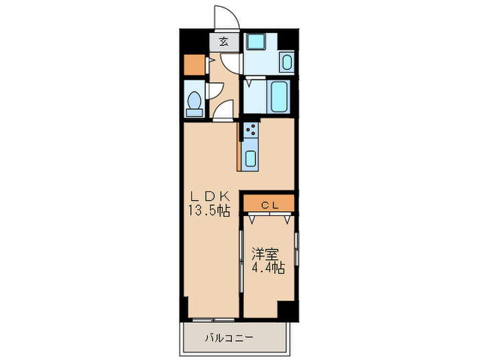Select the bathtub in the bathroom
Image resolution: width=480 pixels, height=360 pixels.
tap(280, 97)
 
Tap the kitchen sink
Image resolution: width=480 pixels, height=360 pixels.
tap(250, 158)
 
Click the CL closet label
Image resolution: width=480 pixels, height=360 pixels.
tap(268, 204)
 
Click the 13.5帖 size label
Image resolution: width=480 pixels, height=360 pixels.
tap(209, 211)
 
